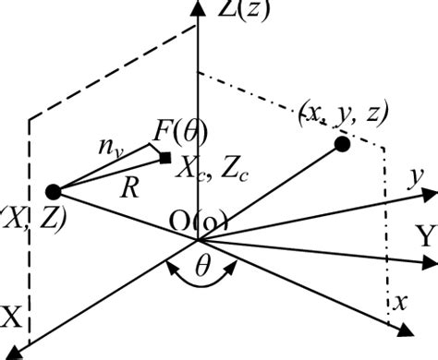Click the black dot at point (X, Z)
tap(53, 191)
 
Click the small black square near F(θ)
tap(165, 159)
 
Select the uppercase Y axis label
tap(425, 237)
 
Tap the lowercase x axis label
tap(399, 300)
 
